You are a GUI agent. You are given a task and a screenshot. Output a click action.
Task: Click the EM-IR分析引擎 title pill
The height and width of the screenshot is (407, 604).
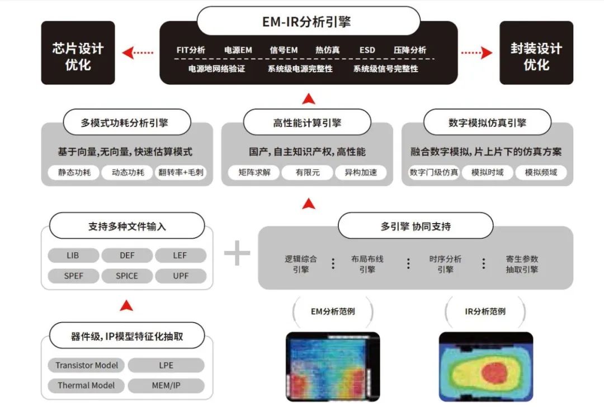pos(308,22)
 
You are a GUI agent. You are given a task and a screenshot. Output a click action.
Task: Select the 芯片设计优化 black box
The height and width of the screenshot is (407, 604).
pos(78,54)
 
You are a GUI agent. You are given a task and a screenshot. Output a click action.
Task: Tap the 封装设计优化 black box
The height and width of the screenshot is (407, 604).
pos(536,54)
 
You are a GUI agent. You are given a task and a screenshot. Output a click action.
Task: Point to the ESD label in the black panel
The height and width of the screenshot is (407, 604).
pos(367,50)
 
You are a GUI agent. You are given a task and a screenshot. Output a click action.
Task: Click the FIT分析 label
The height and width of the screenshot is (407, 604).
pos(191,50)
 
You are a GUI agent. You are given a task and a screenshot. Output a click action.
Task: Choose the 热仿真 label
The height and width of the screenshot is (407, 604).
pos(327,50)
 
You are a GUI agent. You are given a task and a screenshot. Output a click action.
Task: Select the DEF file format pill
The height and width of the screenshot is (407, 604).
pos(127,255)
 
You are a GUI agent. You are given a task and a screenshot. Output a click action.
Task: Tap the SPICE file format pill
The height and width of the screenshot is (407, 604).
pos(127,276)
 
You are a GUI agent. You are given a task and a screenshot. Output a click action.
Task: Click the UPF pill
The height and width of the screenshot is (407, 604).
pos(181,276)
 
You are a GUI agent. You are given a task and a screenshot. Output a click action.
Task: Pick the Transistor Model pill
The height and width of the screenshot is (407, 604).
pos(87,365)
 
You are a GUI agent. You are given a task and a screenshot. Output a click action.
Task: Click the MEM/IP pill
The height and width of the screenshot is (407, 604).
pos(166,385)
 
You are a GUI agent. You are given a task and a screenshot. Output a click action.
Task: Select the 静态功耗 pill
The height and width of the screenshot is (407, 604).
pos(70,172)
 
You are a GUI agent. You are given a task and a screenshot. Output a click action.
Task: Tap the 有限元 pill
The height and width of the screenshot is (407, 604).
pos(308,172)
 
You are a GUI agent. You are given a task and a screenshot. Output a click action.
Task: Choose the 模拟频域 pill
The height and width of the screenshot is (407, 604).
pos(541,172)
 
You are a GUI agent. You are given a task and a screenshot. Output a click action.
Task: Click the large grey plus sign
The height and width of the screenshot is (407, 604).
pos(237,254)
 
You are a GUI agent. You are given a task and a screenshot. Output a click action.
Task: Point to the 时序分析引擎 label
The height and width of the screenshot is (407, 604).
pos(445,264)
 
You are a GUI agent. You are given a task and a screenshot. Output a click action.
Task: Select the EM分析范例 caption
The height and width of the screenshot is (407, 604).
pos(333,311)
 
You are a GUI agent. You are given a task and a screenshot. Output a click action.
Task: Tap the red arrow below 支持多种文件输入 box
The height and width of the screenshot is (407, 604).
pos(127,305)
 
